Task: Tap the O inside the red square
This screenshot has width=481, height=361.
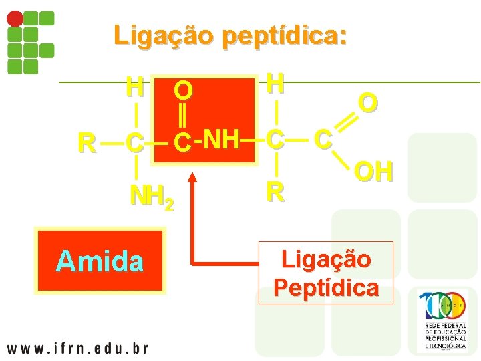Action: tap(183, 89)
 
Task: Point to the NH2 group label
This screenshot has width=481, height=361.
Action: tap(152, 197)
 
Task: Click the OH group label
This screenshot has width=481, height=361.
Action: tap(374, 172)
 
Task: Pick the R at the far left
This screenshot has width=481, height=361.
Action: tap(86, 142)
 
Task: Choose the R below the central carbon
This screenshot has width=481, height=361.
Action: tap(275, 192)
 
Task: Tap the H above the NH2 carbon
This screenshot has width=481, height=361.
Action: tap(136, 86)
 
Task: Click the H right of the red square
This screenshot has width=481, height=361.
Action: tap(275, 83)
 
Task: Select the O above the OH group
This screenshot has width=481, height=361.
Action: tap(368, 102)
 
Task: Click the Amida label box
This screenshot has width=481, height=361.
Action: tap(100, 261)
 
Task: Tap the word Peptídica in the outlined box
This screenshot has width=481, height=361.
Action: tap(326, 287)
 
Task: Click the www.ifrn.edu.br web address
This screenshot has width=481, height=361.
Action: tap(77, 348)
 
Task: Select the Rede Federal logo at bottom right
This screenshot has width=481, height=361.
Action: tap(444, 322)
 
